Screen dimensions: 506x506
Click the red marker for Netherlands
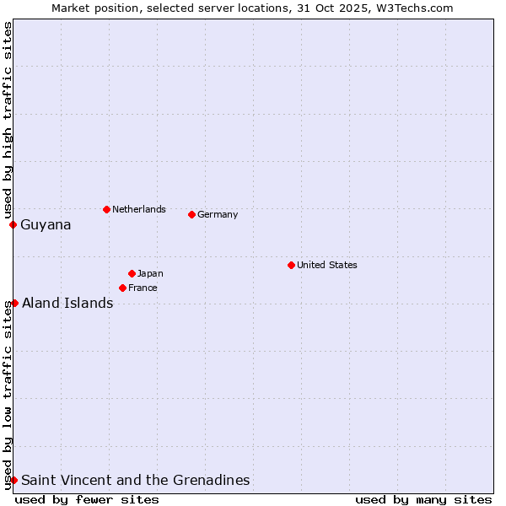click(106, 209)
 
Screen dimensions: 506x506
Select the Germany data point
click(191, 214)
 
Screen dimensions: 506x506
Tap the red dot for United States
click(291, 265)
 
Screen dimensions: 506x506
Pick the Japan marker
click(132, 273)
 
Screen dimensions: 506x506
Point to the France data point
click(122, 288)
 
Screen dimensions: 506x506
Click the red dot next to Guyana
click(13, 224)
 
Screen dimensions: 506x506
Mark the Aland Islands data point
click(14, 303)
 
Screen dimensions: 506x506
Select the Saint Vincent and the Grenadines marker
click(13, 480)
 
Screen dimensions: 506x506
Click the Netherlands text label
click(139, 209)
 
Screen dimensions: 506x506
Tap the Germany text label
click(218, 214)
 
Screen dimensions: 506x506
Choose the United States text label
click(327, 265)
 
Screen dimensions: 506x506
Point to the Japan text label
click(150, 273)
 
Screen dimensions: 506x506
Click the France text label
click(143, 288)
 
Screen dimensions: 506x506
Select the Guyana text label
click(46, 225)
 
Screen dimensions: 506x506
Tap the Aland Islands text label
click(67, 304)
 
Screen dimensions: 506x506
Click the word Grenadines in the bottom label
click(211, 481)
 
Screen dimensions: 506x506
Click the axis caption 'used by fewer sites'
click(87, 499)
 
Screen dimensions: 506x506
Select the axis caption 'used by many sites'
click(423, 499)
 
